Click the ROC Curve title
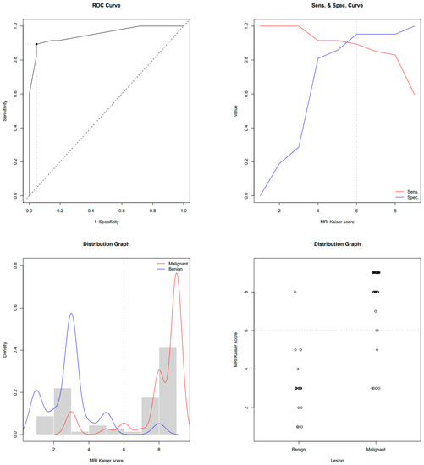pyautogui.click(x=107, y=8)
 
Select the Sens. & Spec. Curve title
pyautogui.click(x=317, y=8)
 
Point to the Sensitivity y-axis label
pyautogui.click(x=5, y=111)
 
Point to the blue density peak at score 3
pyautogui.click(x=71, y=314)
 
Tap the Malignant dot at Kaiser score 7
pyautogui.click(x=376, y=311)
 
